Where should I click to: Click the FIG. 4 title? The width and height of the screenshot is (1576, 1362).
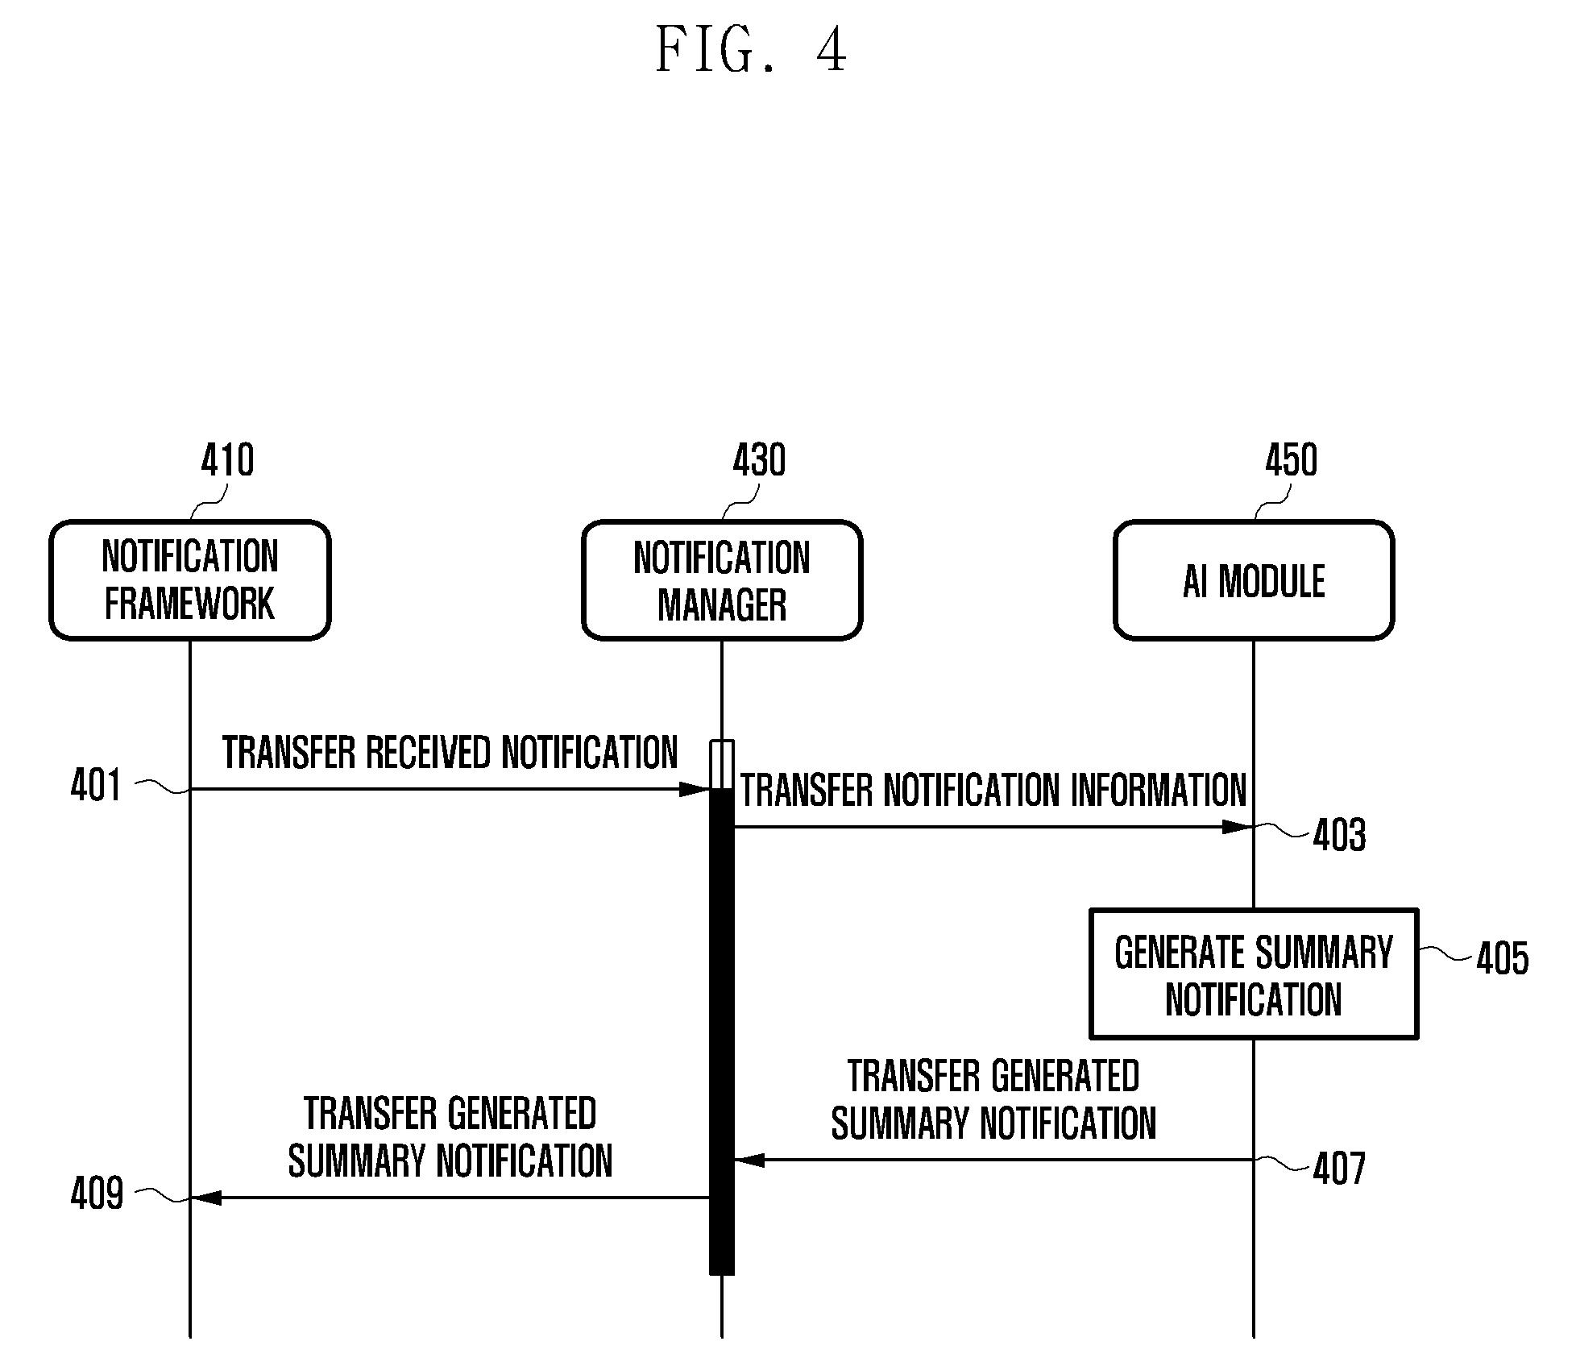click(x=751, y=50)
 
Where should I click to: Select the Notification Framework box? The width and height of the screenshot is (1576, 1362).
click(x=190, y=580)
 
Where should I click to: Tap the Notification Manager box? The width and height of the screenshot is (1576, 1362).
click(x=722, y=580)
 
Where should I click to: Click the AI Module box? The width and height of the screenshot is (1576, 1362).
click(x=1254, y=580)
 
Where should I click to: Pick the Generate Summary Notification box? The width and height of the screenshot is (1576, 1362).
click(x=1254, y=974)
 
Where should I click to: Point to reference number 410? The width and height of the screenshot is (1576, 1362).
click(x=227, y=461)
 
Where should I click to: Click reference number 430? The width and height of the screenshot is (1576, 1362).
click(x=759, y=461)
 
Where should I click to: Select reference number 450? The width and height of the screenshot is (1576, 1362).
click(x=1291, y=461)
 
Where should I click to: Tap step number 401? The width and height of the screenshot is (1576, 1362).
click(x=96, y=785)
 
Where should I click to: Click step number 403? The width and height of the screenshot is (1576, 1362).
click(x=1339, y=835)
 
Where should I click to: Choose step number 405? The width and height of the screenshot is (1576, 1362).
click(x=1502, y=959)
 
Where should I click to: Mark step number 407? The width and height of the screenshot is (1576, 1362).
click(x=1339, y=1169)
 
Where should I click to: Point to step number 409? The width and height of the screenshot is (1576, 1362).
click(x=97, y=1194)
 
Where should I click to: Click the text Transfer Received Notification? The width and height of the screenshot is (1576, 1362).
click(x=450, y=753)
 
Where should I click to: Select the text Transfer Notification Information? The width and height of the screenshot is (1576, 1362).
click(x=993, y=790)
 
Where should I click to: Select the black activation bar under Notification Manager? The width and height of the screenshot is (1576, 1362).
click(x=722, y=1032)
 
